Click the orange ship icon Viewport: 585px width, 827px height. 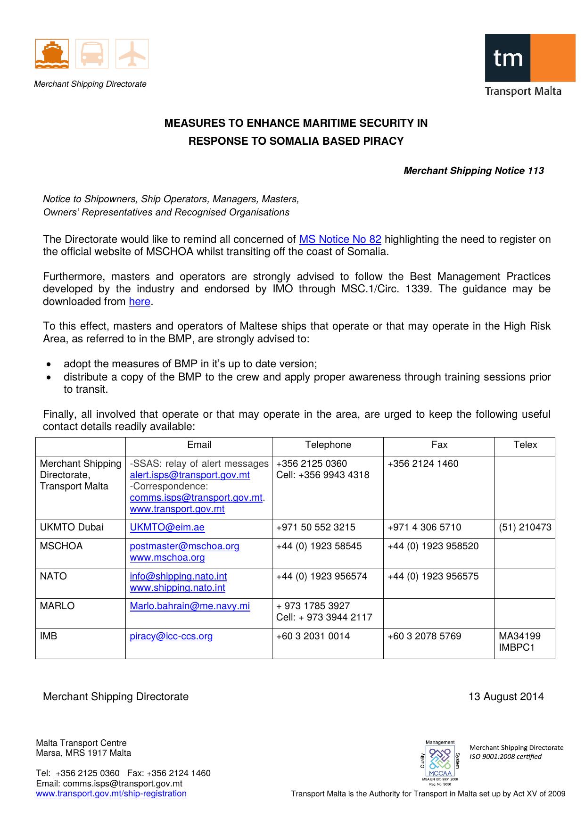click(52, 54)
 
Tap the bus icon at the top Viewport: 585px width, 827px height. click(92, 54)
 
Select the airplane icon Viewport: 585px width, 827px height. click(132, 54)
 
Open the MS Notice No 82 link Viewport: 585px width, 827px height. click(340, 240)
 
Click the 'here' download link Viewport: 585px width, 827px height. click(139, 302)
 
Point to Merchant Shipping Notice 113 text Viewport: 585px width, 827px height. click(473, 171)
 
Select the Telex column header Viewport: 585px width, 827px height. click(525, 445)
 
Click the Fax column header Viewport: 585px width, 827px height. click(439, 445)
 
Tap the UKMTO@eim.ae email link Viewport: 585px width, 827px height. click(167, 527)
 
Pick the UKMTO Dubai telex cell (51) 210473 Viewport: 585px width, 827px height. click(525, 527)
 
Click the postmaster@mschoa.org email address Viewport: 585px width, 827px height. click(184, 546)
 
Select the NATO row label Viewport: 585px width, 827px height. click(53, 576)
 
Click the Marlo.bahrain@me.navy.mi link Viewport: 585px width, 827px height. click(190, 606)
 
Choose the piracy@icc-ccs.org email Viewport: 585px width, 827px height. click(171, 636)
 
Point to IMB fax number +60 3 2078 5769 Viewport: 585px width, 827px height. click(424, 636)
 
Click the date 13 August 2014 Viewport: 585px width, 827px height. click(505, 697)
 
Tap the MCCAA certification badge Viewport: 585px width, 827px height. click(440, 762)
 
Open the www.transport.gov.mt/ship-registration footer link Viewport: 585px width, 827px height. click(111, 794)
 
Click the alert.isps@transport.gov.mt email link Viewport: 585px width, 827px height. click(190, 475)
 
